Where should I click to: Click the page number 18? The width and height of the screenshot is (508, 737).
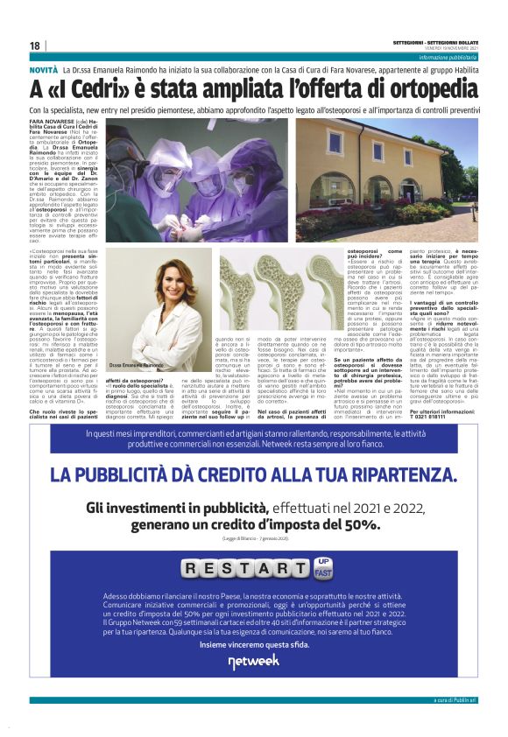pos(34,46)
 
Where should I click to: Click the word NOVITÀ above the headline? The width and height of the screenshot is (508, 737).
pos(44,68)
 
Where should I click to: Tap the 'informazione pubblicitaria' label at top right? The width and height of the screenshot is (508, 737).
pos(448,57)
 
